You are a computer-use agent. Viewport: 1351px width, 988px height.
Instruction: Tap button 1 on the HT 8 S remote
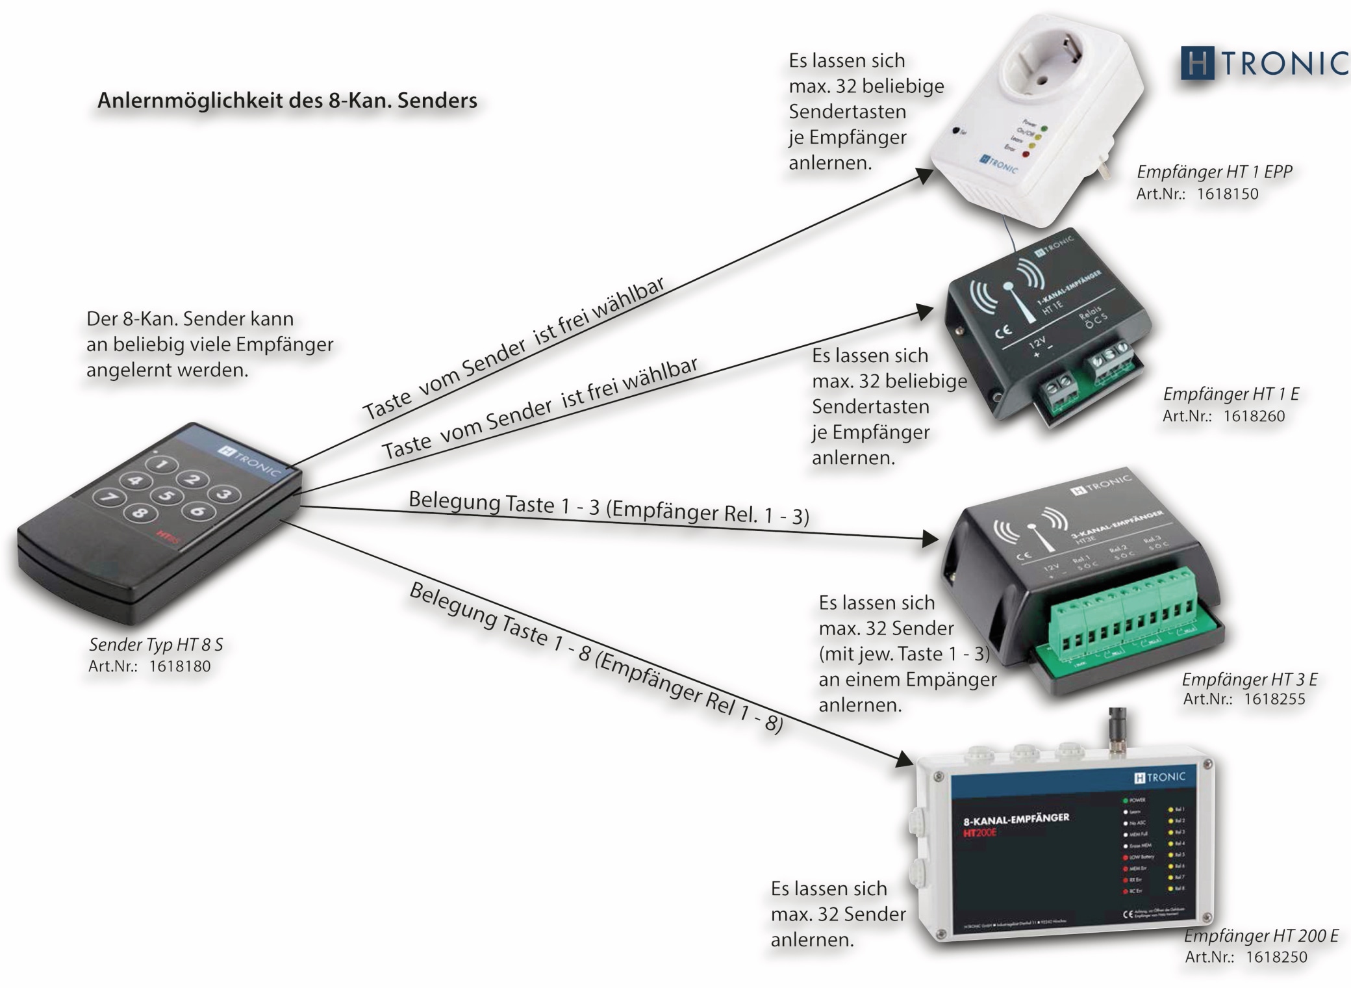162,464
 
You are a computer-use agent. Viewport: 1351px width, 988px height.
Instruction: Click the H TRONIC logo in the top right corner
1264,63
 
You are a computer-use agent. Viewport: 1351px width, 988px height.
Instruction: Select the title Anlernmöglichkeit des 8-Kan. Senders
287,101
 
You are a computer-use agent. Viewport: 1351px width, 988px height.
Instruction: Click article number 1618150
1227,194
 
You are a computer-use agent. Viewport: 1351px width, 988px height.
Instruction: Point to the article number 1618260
1254,416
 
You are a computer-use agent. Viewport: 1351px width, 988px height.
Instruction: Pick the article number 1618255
1274,699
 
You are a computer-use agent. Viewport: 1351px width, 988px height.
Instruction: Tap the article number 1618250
1276,957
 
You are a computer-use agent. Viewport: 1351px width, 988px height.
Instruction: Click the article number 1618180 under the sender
179,666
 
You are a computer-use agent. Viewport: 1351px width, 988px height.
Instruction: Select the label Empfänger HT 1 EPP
1214,172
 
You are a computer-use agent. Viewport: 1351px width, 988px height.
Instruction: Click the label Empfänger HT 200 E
1261,935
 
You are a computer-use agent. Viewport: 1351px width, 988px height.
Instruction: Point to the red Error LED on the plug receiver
1026,154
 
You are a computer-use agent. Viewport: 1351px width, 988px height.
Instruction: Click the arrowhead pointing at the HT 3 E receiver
930,538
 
